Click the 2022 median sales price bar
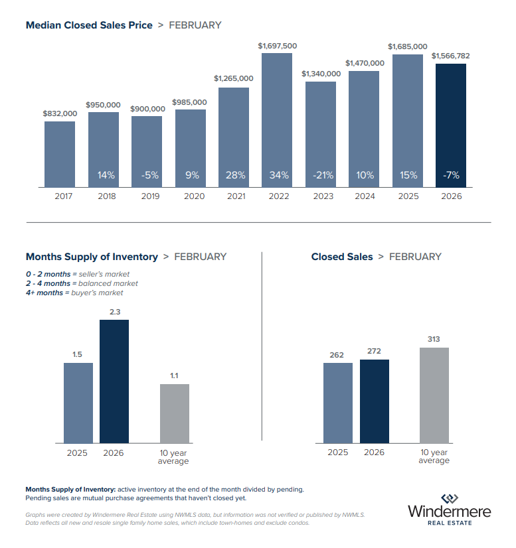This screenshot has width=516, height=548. click(x=277, y=119)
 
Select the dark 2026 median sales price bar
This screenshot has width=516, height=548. click(x=451, y=126)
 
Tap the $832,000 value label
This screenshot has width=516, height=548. click(x=60, y=113)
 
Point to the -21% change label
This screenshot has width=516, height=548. click(x=321, y=175)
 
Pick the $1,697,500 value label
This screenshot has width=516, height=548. click(x=277, y=46)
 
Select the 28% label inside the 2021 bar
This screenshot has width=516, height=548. click(x=234, y=175)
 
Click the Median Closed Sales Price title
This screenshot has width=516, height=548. click(x=89, y=25)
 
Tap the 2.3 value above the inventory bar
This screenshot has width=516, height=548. click(x=114, y=311)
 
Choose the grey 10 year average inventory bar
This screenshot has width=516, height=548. click(x=174, y=413)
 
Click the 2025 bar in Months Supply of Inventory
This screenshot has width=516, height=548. click(x=78, y=402)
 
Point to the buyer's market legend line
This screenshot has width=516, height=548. click(x=74, y=293)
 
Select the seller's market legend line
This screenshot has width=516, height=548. click(x=78, y=274)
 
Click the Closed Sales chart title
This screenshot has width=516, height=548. click(x=342, y=257)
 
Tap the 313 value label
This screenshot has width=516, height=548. click(x=434, y=339)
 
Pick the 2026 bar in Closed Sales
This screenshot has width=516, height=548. click(x=375, y=401)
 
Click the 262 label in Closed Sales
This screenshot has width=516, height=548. click(x=337, y=354)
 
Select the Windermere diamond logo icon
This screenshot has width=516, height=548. click(x=450, y=499)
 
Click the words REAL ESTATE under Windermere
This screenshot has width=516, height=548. click(x=450, y=523)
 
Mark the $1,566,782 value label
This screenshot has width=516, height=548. click(x=450, y=56)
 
